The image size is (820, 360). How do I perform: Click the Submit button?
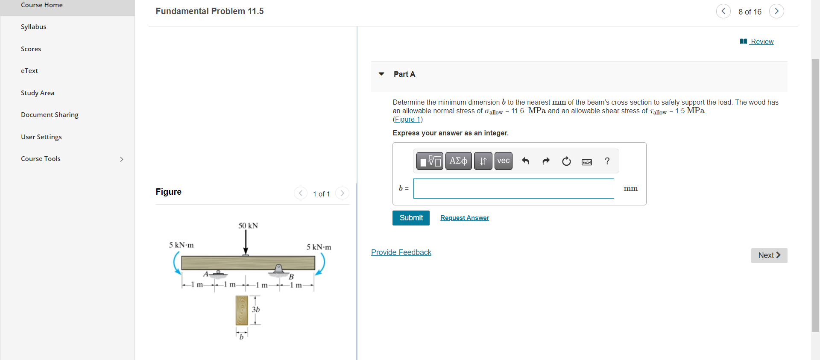click(411, 218)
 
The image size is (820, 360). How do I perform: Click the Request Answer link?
click(465, 218)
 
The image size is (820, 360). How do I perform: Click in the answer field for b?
click(513, 188)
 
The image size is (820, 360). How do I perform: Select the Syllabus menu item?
click(33, 26)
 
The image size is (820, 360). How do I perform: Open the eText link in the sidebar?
click(29, 71)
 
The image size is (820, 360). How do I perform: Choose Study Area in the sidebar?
click(38, 93)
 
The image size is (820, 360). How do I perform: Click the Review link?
click(761, 41)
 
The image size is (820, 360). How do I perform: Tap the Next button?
click(769, 255)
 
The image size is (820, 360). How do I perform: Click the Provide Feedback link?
click(401, 252)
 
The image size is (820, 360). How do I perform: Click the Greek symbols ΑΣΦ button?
click(458, 161)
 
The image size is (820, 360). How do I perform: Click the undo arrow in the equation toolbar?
click(525, 161)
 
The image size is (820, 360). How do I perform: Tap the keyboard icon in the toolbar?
click(587, 162)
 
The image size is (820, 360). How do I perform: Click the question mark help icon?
click(607, 161)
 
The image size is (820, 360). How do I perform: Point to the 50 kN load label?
click(248, 225)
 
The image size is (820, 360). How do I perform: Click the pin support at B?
click(278, 269)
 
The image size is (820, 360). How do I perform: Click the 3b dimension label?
click(256, 309)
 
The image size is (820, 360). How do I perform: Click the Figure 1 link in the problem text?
click(407, 120)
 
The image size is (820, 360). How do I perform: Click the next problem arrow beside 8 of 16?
click(776, 11)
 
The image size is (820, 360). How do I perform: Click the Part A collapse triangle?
click(381, 74)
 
